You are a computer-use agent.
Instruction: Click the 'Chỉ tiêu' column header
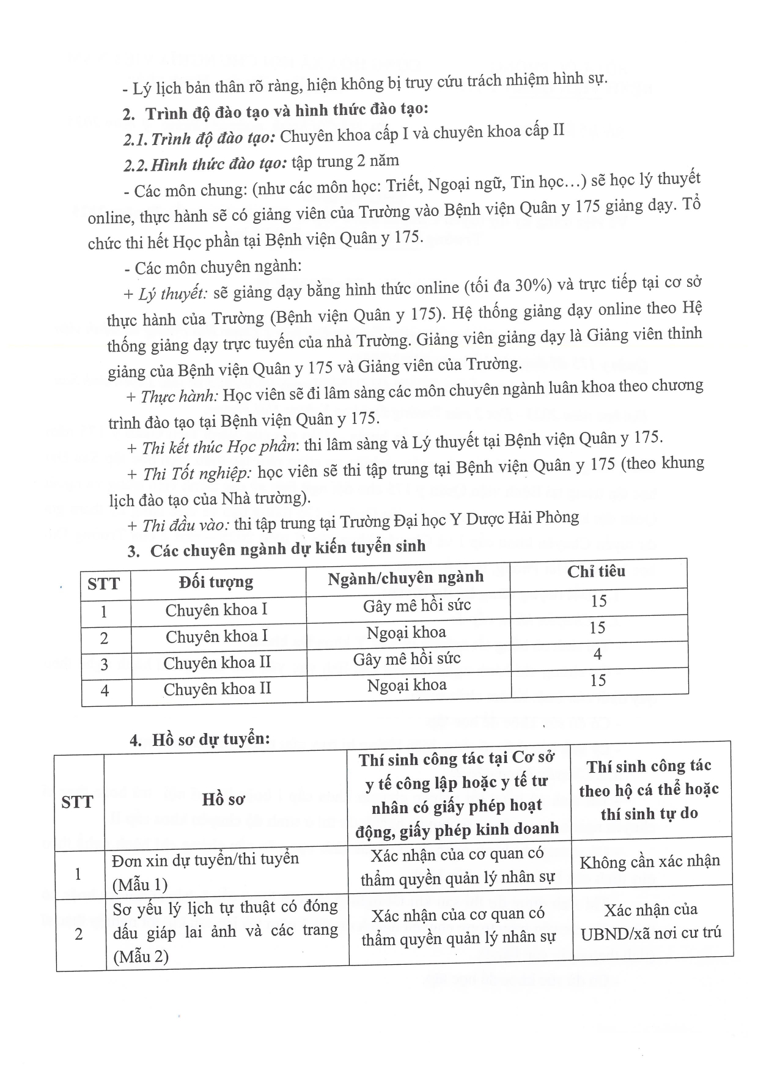596,572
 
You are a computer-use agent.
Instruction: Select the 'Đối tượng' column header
216,581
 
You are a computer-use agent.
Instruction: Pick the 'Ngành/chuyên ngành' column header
405,578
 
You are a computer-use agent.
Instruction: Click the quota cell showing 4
597,655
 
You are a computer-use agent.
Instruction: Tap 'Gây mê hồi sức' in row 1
417,606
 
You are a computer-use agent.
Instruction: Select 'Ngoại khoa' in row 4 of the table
407,685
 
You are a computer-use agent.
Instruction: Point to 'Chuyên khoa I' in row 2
216,636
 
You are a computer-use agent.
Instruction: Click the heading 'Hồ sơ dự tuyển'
210,739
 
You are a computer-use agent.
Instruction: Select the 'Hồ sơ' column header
224,800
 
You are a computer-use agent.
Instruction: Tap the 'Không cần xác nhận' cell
650,862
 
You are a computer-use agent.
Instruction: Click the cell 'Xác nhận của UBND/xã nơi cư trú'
651,921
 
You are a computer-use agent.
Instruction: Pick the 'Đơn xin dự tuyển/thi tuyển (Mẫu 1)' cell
205,871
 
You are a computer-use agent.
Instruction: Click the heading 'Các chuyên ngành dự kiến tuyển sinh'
287,548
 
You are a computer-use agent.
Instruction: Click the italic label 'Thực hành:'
179,396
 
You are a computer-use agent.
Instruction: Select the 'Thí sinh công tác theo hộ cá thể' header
649,790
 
